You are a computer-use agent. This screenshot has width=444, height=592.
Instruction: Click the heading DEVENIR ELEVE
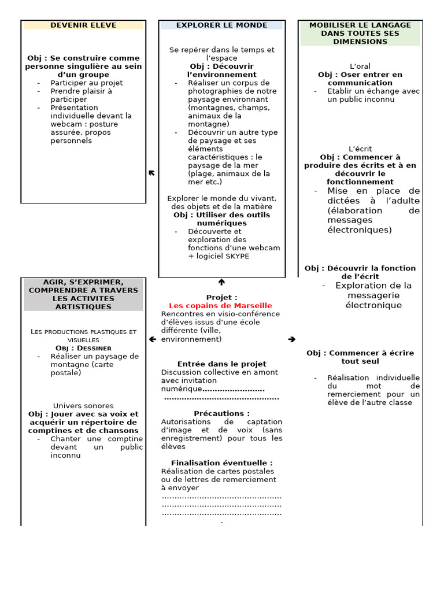click(x=83, y=25)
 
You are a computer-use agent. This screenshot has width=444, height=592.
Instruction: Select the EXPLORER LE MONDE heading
click(x=221, y=25)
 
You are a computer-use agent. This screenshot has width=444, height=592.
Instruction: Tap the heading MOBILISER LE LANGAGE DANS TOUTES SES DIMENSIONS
click(x=360, y=34)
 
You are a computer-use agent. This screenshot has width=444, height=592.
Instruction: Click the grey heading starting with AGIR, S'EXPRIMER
click(x=83, y=294)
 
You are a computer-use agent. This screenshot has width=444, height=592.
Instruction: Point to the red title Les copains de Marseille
click(x=220, y=306)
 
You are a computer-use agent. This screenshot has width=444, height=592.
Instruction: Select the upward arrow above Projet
click(x=221, y=282)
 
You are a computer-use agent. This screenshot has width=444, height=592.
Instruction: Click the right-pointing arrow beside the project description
click(x=291, y=339)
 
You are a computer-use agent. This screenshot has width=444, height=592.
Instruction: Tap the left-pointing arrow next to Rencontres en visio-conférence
click(x=152, y=339)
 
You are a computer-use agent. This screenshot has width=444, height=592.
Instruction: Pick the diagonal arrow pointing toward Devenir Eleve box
click(x=151, y=173)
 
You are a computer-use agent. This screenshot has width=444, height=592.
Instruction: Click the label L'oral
click(x=360, y=66)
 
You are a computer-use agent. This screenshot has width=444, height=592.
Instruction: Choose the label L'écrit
click(x=360, y=149)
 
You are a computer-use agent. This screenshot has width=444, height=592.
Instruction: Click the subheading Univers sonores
click(x=83, y=406)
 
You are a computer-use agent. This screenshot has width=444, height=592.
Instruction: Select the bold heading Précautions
click(x=222, y=413)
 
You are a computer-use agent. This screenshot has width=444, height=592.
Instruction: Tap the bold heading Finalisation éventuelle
click(x=222, y=463)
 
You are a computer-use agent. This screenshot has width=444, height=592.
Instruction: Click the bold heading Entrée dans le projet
click(x=222, y=364)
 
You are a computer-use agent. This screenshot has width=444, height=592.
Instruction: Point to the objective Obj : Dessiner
click(x=83, y=348)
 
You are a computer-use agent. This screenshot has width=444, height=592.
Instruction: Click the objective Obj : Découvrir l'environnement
click(x=222, y=71)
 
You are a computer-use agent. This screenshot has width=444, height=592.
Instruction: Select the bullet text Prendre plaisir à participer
click(x=81, y=95)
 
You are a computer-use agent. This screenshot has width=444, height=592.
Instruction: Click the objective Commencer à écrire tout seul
click(x=360, y=357)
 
